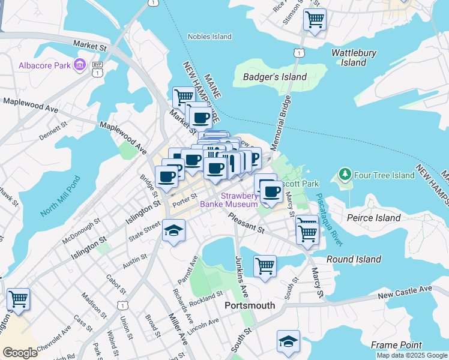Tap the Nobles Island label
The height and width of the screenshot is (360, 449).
click(209, 37)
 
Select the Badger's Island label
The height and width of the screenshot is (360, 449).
click(275, 77)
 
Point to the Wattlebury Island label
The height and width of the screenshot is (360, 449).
click(354, 58)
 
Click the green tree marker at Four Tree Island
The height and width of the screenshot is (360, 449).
click(345, 175)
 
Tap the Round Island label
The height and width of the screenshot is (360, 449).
click(354, 259)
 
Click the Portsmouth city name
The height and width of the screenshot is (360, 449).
click(250, 305)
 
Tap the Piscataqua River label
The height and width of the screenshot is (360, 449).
click(330, 220)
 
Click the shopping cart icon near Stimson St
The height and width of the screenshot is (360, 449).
click(315, 19)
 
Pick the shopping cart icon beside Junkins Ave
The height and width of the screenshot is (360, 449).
click(265, 265)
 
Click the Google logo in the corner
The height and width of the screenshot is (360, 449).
click(20, 353)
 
